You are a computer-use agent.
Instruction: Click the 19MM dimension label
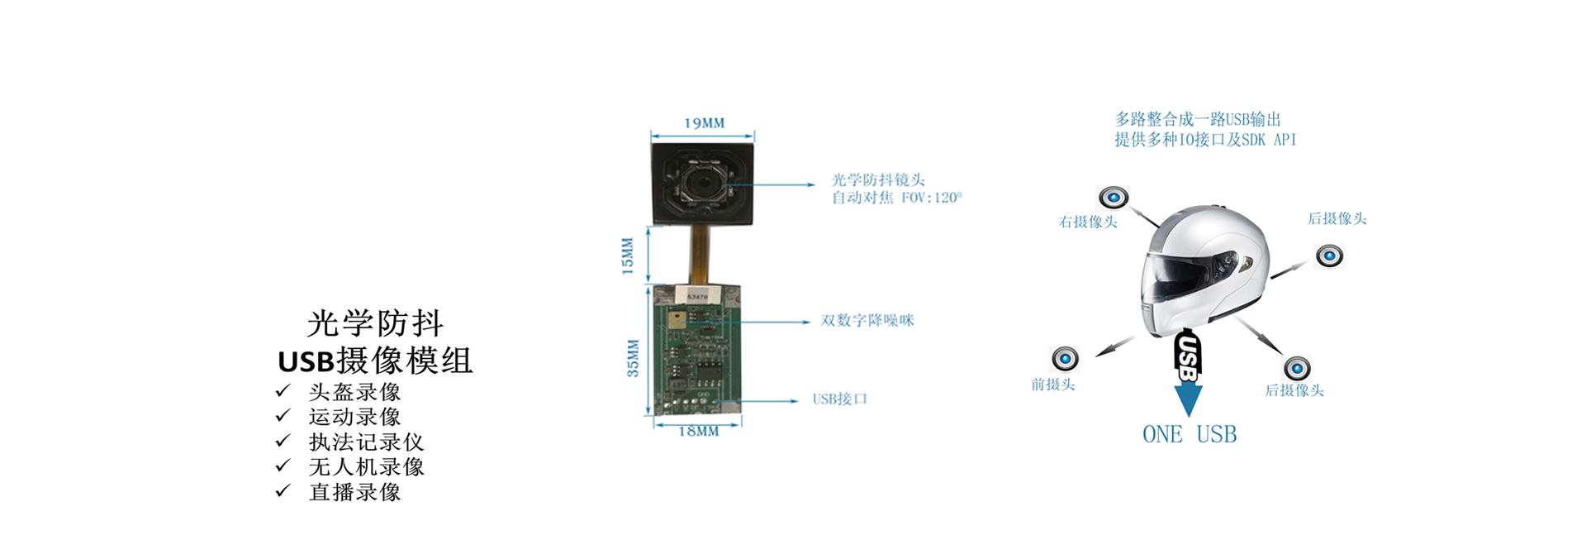click(704, 123)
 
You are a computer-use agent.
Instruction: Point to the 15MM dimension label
click(627, 256)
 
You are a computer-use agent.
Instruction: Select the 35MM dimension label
click(633, 358)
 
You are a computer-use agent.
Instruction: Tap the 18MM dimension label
click(698, 432)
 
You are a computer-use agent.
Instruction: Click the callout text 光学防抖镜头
click(878, 179)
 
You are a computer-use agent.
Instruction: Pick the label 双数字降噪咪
click(867, 321)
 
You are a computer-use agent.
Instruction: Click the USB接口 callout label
click(839, 399)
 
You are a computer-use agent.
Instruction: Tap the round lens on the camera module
click(704, 181)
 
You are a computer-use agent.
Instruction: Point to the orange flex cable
click(700, 255)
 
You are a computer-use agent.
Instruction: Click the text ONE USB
click(1189, 435)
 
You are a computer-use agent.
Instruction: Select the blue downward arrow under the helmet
click(1188, 399)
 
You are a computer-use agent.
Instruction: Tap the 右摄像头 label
click(1087, 222)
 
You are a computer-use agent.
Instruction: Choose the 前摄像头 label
click(1052, 385)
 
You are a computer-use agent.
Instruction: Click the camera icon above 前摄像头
click(1065, 358)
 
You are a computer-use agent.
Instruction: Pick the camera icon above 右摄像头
click(1113, 198)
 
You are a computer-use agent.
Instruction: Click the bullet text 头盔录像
click(354, 392)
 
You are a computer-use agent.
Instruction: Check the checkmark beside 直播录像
click(283, 491)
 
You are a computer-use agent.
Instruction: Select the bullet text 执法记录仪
click(366, 442)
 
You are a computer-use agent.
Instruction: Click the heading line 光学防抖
click(375, 323)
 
